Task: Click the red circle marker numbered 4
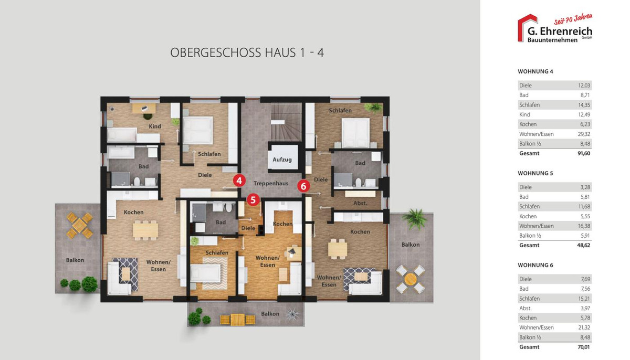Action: point(239,181)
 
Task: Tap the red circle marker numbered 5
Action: point(253,200)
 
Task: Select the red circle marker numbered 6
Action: point(303,186)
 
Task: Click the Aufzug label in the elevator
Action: point(282,160)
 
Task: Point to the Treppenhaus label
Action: point(271,184)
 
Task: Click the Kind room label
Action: point(155,126)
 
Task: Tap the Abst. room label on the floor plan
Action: point(360,203)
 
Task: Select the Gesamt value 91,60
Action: point(584,153)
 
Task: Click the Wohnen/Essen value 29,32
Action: point(584,134)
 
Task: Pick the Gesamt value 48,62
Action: point(584,246)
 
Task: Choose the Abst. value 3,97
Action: point(585,308)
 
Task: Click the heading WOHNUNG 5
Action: point(535,173)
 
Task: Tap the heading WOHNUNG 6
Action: point(535,266)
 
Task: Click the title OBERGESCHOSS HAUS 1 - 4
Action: point(247,53)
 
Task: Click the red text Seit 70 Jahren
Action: point(573,19)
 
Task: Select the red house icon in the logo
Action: point(527,27)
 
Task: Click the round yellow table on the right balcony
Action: point(411,279)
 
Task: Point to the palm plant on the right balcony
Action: point(415,219)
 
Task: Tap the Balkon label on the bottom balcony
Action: point(270,314)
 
